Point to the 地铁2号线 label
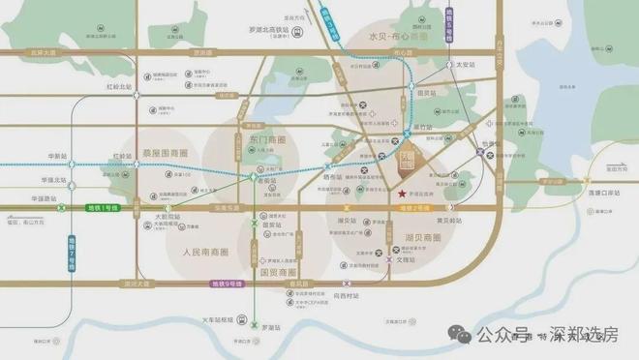tap(415, 209)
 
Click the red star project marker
tap(401, 194)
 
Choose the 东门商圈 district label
tap(252, 139)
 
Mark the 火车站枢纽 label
tap(214, 316)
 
